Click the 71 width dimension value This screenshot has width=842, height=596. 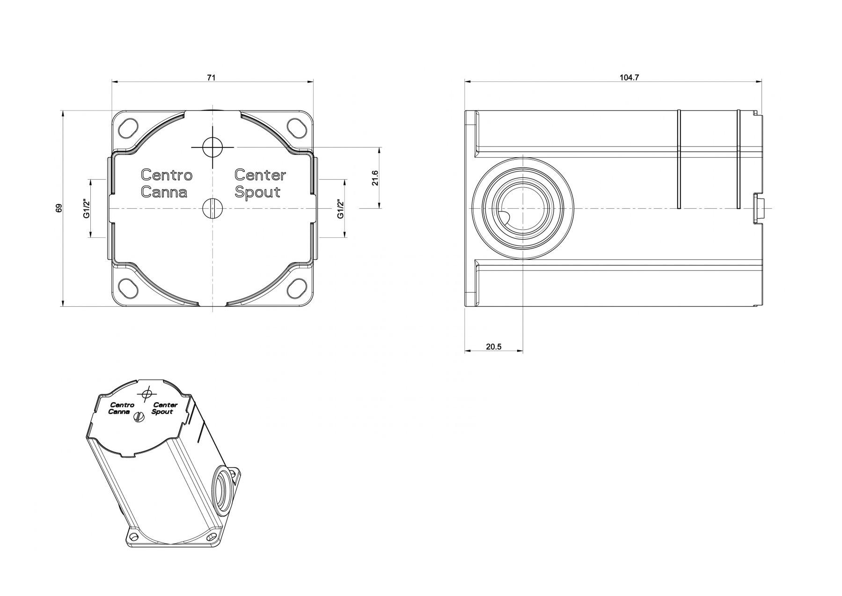[x=211, y=78]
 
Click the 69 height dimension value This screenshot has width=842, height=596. [x=59, y=208]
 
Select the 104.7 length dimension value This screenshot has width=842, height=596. [x=629, y=78]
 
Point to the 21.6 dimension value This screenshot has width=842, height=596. [x=375, y=178]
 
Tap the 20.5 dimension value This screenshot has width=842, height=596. [x=493, y=347]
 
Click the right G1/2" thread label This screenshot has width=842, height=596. [x=341, y=208]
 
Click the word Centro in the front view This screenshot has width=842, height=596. [x=167, y=175]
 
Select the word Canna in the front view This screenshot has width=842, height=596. [x=164, y=192]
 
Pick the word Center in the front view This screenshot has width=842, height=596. [x=260, y=175]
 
